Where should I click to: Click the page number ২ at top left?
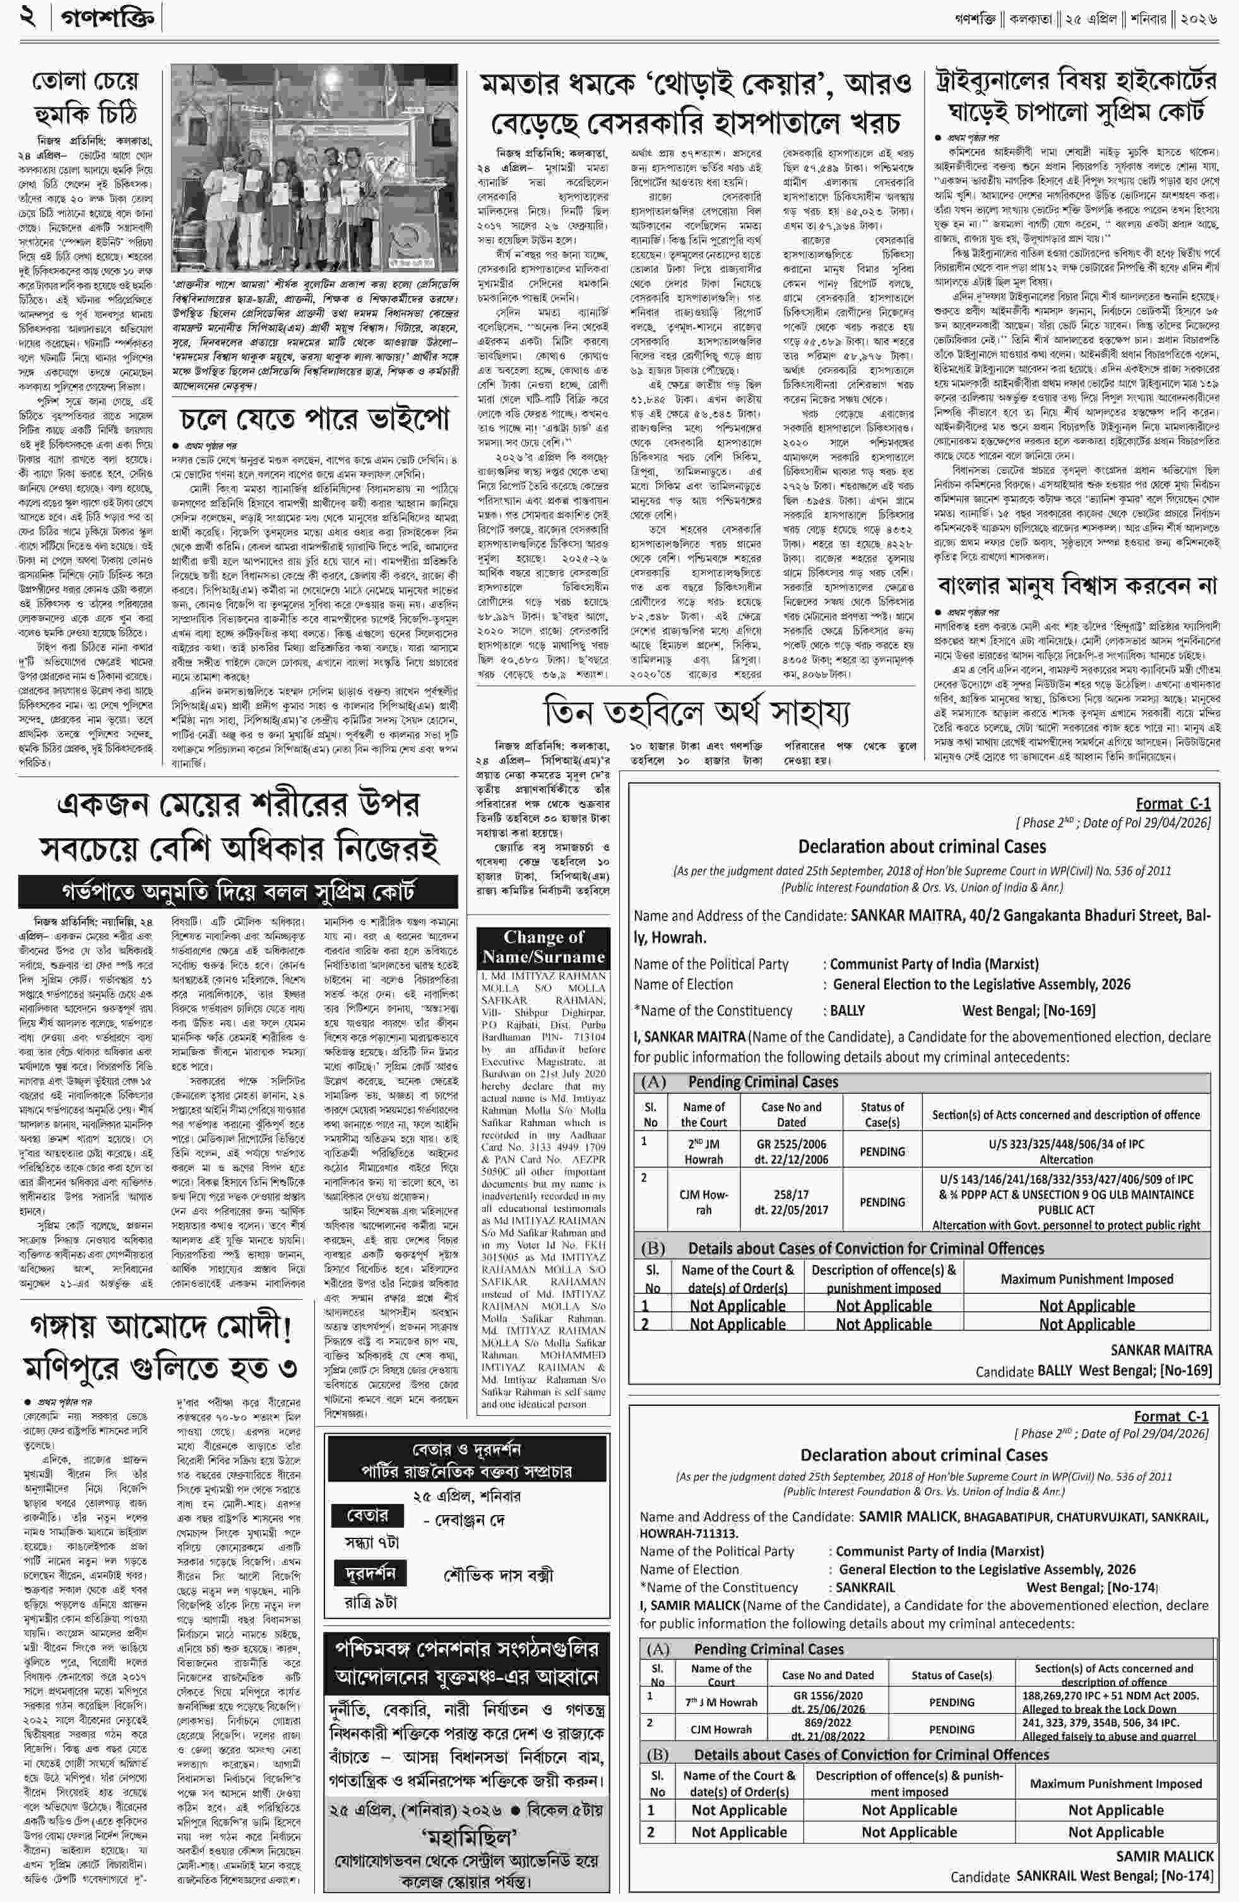[x=29, y=18]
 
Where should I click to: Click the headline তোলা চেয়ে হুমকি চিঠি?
[x=85, y=97]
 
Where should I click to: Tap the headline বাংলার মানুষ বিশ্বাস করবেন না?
[x=1077, y=585]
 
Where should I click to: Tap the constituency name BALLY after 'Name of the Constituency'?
[x=847, y=1010]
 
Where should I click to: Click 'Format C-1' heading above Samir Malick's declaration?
[x=1171, y=1417]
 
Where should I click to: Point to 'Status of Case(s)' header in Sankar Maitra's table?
[x=882, y=1114]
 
